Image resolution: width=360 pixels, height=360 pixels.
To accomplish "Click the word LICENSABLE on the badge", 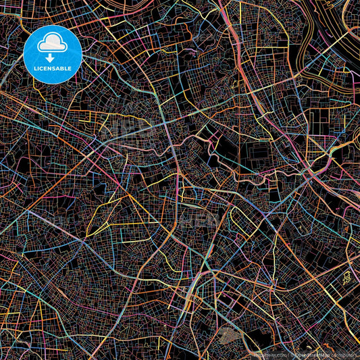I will pos(53,69).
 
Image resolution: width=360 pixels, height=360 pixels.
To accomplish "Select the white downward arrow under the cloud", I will pos(52,57).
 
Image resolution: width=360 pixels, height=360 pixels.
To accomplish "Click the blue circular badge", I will pos(53,55).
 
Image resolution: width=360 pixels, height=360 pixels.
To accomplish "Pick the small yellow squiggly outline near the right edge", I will pos(346,276).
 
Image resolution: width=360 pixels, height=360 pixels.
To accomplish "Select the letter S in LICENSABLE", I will pos(57,69).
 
